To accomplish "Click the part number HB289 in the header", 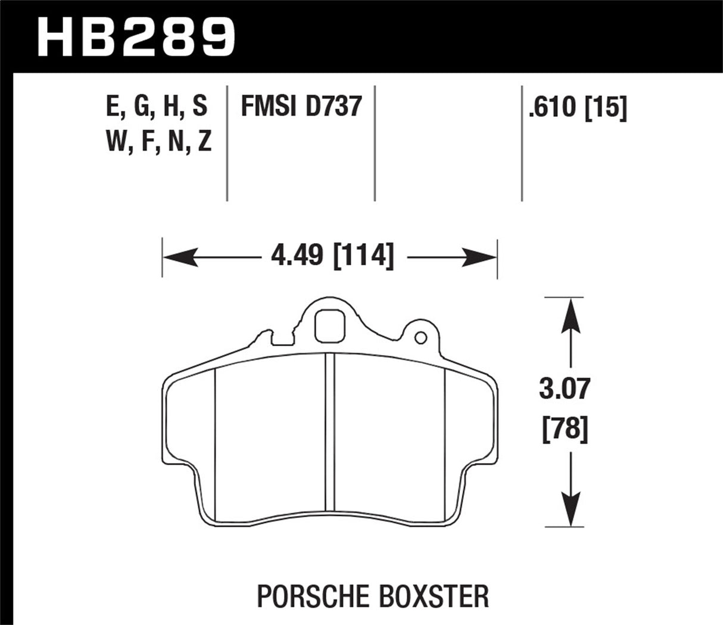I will click(137, 37).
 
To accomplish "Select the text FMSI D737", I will click(301, 107).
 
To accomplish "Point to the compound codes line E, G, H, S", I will click(157, 107).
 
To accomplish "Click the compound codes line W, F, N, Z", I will click(158, 142).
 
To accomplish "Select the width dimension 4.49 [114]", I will click(332, 257).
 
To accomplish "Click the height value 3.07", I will click(564, 389).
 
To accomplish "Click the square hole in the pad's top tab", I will click(330, 327).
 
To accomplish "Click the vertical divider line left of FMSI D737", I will click(228, 143).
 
